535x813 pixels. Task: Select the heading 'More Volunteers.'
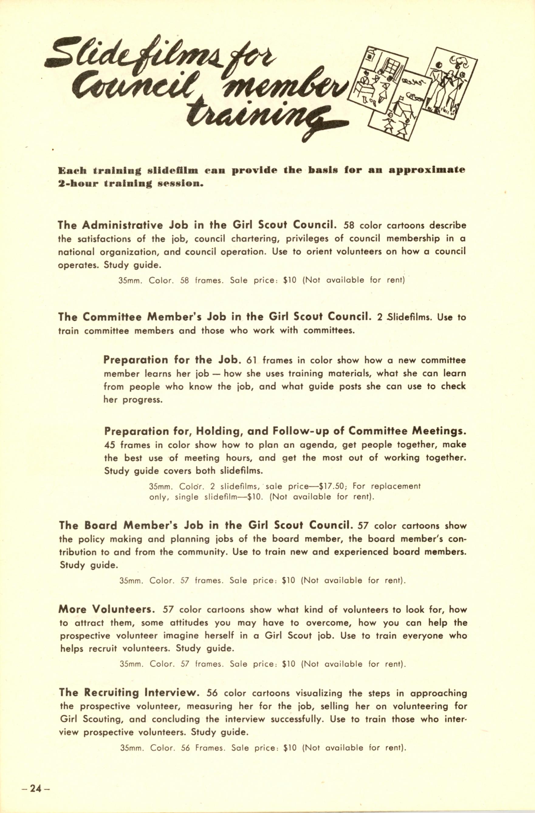pos(107,610)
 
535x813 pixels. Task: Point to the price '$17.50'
pos(331,486)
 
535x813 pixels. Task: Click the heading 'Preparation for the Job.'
pos(173,360)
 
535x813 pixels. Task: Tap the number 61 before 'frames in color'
pos(251,361)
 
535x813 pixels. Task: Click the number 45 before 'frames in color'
pos(110,446)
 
